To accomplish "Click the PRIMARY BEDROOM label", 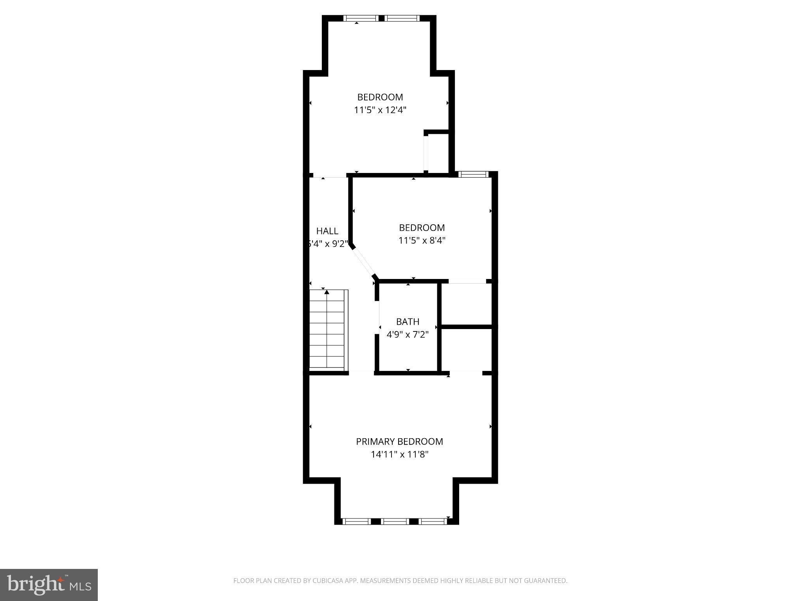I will [x=399, y=441].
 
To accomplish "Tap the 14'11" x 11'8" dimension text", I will [x=399, y=454].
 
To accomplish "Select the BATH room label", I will [x=408, y=322].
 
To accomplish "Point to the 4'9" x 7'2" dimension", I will [x=408, y=335].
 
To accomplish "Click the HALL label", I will [x=327, y=231].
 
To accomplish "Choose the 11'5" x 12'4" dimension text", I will [x=380, y=110].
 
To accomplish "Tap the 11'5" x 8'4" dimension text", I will [x=422, y=240].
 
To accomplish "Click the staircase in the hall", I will [x=328, y=331].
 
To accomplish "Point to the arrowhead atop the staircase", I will [x=327, y=292].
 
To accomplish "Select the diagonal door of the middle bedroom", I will [x=363, y=261].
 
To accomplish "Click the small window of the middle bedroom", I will [x=473, y=174].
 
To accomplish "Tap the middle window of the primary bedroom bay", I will [x=395, y=521].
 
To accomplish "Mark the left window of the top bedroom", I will [x=361, y=18].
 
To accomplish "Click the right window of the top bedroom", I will [x=402, y=18].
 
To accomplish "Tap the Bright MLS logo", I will [x=49, y=585].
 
